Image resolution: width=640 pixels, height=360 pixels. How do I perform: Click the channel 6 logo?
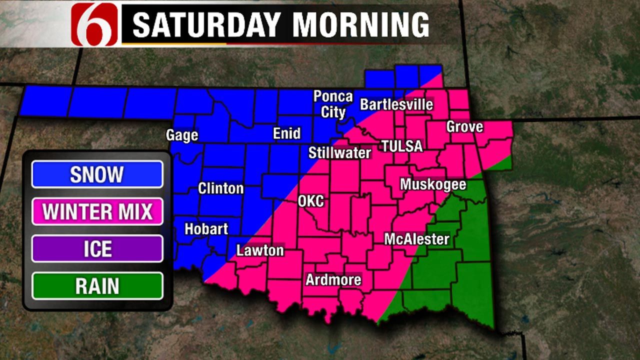pyautogui.click(x=94, y=24)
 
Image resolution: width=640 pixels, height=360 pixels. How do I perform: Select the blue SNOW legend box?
pyautogui.click(x=97, y=174)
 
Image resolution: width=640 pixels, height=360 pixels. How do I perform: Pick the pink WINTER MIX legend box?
pyautogui.click(x=97, y=211)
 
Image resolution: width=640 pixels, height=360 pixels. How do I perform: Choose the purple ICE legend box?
pyautogui.click(x=97, y=248)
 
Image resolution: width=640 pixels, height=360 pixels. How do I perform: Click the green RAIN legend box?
pyautogui.click(x=97, y=286)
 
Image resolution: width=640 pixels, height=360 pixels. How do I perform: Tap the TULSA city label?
pyautogui.click(x=401, y=146)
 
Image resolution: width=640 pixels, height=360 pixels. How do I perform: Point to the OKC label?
pyautogui.click(x=311, y=201)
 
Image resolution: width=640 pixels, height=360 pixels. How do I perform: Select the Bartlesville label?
pyautogui.click(x=396, y=104)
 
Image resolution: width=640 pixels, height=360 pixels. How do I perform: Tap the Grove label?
pyautogui.click(x=464, y=126)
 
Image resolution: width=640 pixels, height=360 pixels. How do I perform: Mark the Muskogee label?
pyautogui.click(x=433, y=184)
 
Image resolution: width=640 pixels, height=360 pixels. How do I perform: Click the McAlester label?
pyautogui.click(x=416, y=239)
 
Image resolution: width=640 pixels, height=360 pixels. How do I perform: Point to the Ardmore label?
pyautogui.click(x=333, y=279)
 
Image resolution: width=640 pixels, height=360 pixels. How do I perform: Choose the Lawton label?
pyautogui.click(x=260, y=250)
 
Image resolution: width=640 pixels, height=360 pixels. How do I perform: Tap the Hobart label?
pyautogui.click(x=206, y=229)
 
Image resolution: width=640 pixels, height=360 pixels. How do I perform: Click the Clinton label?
pyautogui.click(x=220, y=188)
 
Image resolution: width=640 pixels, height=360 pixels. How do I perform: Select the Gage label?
pyautogui.click(x=182, y=135)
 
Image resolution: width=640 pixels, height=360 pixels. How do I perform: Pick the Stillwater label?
pyautogui.click(x=339, y=152)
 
